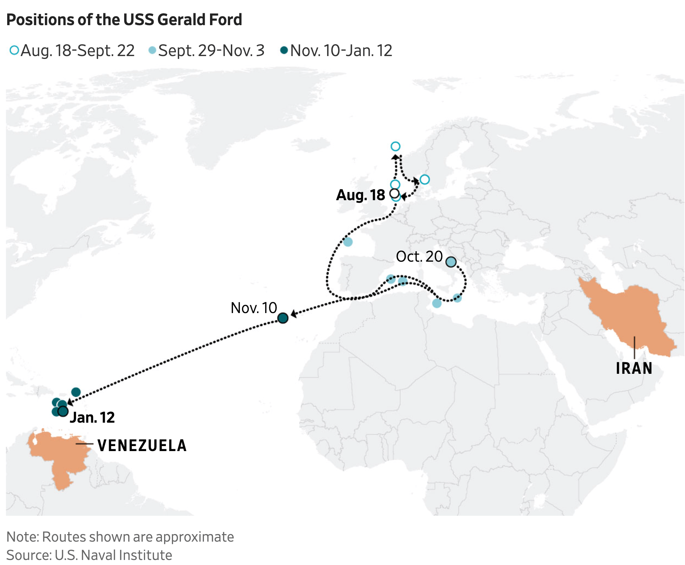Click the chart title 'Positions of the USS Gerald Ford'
(x=124, y=19)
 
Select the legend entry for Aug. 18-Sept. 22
(x=72, y=51)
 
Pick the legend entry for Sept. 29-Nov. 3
(x=206, y=51)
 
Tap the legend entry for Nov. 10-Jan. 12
(x=336, y=51)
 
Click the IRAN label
(x=634, y=368)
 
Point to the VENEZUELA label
(x=142, y=445)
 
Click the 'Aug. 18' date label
(x=360, y=195)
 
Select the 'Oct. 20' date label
(x=419, y=257)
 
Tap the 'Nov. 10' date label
(x=253, y=308)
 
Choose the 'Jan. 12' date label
(x=92, y=417)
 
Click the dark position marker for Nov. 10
(x=283, y=318)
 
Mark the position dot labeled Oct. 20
(x=451, y=262)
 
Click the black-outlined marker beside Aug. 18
(x=394, y=193)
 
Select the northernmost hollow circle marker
(x=395, y=146)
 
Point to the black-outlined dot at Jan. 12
(x=63, y=411)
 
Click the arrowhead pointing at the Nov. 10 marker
(x=293, y=314)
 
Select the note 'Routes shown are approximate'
(x=120, y=537)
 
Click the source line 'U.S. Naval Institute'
(x=89, y=555)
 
